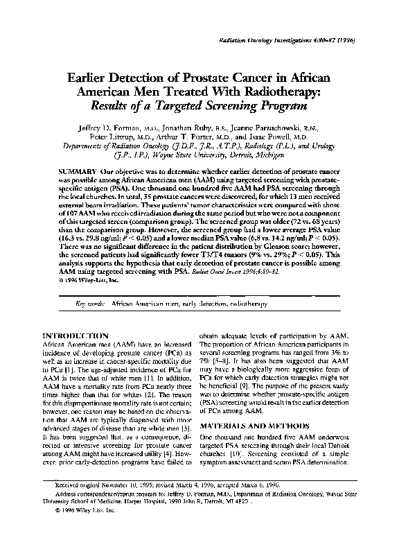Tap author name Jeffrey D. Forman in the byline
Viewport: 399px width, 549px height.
(105, 128)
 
